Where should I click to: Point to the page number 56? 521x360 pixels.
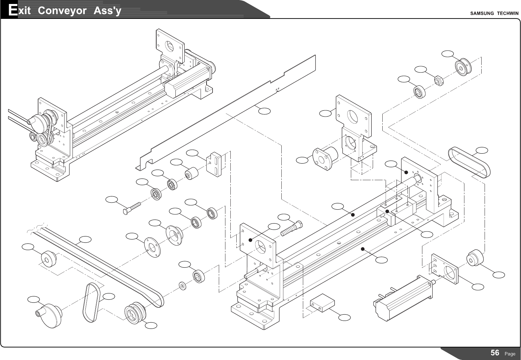click(495, 353)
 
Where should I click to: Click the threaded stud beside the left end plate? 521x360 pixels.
click(291, 228)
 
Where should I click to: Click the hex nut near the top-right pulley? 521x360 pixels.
click(438, 80)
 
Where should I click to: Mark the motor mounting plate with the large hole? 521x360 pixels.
click(446, 269)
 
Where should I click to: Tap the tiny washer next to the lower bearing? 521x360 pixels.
click(182, 285)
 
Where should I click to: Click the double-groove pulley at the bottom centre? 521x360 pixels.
click(135, 313)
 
